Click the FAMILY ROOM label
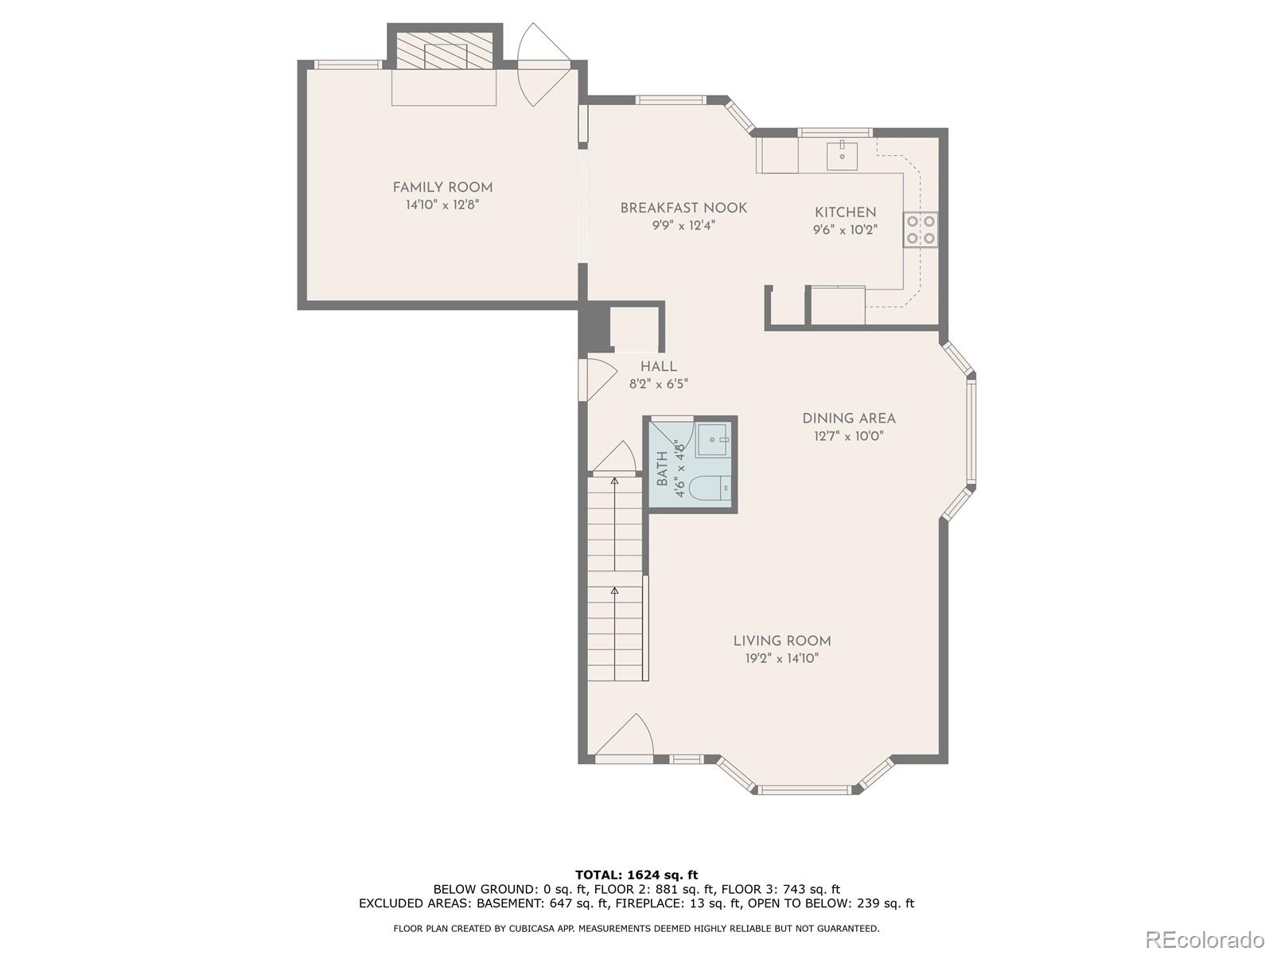pyautogui.click(x=442, y=188)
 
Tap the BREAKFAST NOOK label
pyautogui.click(x=683, y=209)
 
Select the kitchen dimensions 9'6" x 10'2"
pyautogui.click(x=845, y=230)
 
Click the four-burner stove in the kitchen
pyautogui.click(x=920, y=229)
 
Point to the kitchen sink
pyautogui.click(x=842, y=154)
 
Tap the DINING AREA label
pyautogui.click(x=848, y=419)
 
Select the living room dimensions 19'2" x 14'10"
pyautogui.click(x=781, y=658)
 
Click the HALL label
pyautogui.click(x=659, y=367)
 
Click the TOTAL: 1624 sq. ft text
pyautogui.click(x=636, y=875)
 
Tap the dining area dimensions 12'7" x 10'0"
pyautogui.click(x=848, y=436)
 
